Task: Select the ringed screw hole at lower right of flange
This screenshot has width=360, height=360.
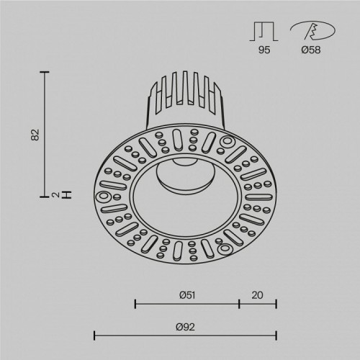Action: pos(222,248)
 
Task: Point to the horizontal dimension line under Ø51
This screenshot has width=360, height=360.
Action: pos(187,303)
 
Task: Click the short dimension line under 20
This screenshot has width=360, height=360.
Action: pos(258,303)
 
